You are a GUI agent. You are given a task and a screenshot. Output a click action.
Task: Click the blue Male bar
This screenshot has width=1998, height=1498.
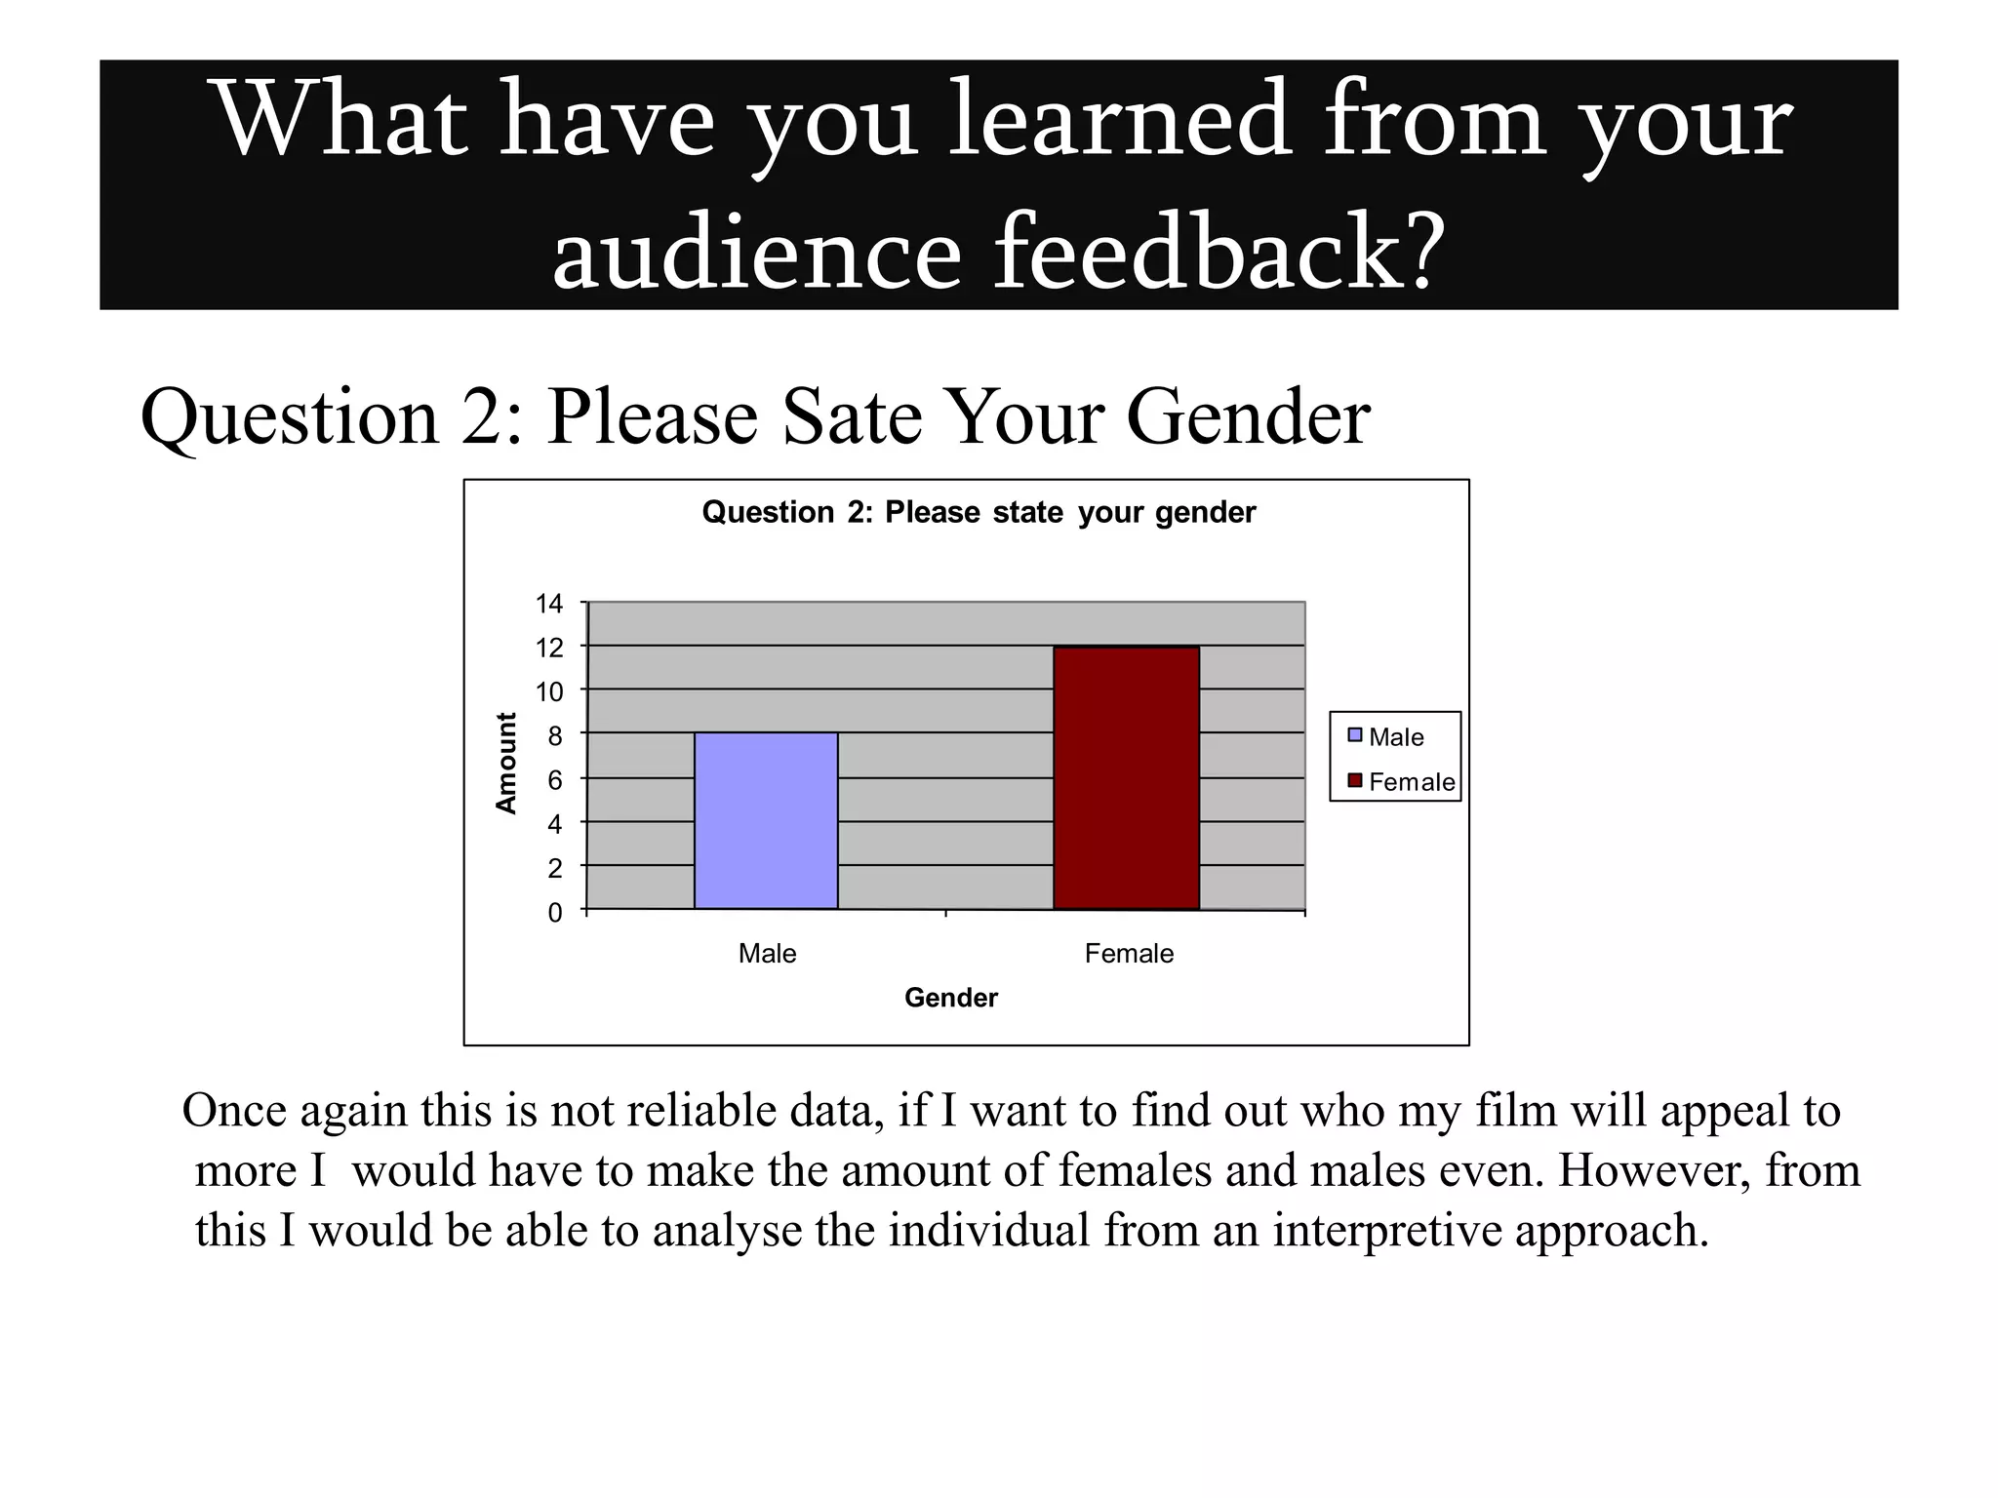pyautogui.click(x=766, y=820)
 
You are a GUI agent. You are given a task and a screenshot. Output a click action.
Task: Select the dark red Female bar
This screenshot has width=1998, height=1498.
pyautogui.click(x=1126, y=777)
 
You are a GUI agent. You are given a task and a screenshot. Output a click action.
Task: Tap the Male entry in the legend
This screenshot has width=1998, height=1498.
pyautogui.click(x=1395, y=737)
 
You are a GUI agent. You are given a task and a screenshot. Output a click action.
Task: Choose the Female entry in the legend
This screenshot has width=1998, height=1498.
pyautogui.click(x=1411, y=782)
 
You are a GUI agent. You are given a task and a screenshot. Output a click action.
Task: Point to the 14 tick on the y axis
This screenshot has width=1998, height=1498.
pyautogui.click(x=550, y=604)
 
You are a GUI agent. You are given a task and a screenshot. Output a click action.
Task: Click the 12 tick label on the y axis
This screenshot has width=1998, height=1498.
pyautogui.click(x=550, y=648)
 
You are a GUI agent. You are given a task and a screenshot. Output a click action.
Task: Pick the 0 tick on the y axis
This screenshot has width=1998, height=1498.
pyautogui.click(x=555, y=913)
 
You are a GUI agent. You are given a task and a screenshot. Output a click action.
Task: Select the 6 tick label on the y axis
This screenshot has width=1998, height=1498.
pyautogui.click(x=555, y=780)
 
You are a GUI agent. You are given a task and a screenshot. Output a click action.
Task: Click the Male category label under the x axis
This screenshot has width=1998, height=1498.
pyautogui.click(x=767, y=954)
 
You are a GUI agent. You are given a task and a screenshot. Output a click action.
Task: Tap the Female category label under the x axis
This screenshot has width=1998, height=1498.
pyautogui.click(x=1129, y=954)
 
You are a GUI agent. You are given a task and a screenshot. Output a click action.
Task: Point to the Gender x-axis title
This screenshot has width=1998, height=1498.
pyautogui.click(x=951, y=998)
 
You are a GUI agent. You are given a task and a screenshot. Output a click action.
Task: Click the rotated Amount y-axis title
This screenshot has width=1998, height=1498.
pyautogui.click(x=505, y=764)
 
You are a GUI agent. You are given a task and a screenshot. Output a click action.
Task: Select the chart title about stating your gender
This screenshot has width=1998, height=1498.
pyautogui.click(x=979, y=512)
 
